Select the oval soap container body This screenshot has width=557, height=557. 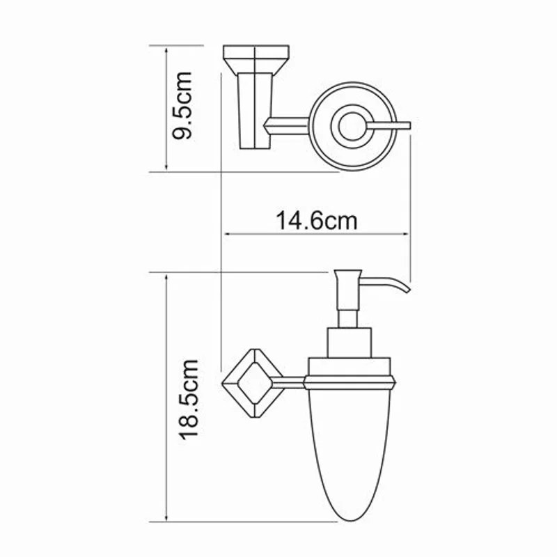346,453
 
